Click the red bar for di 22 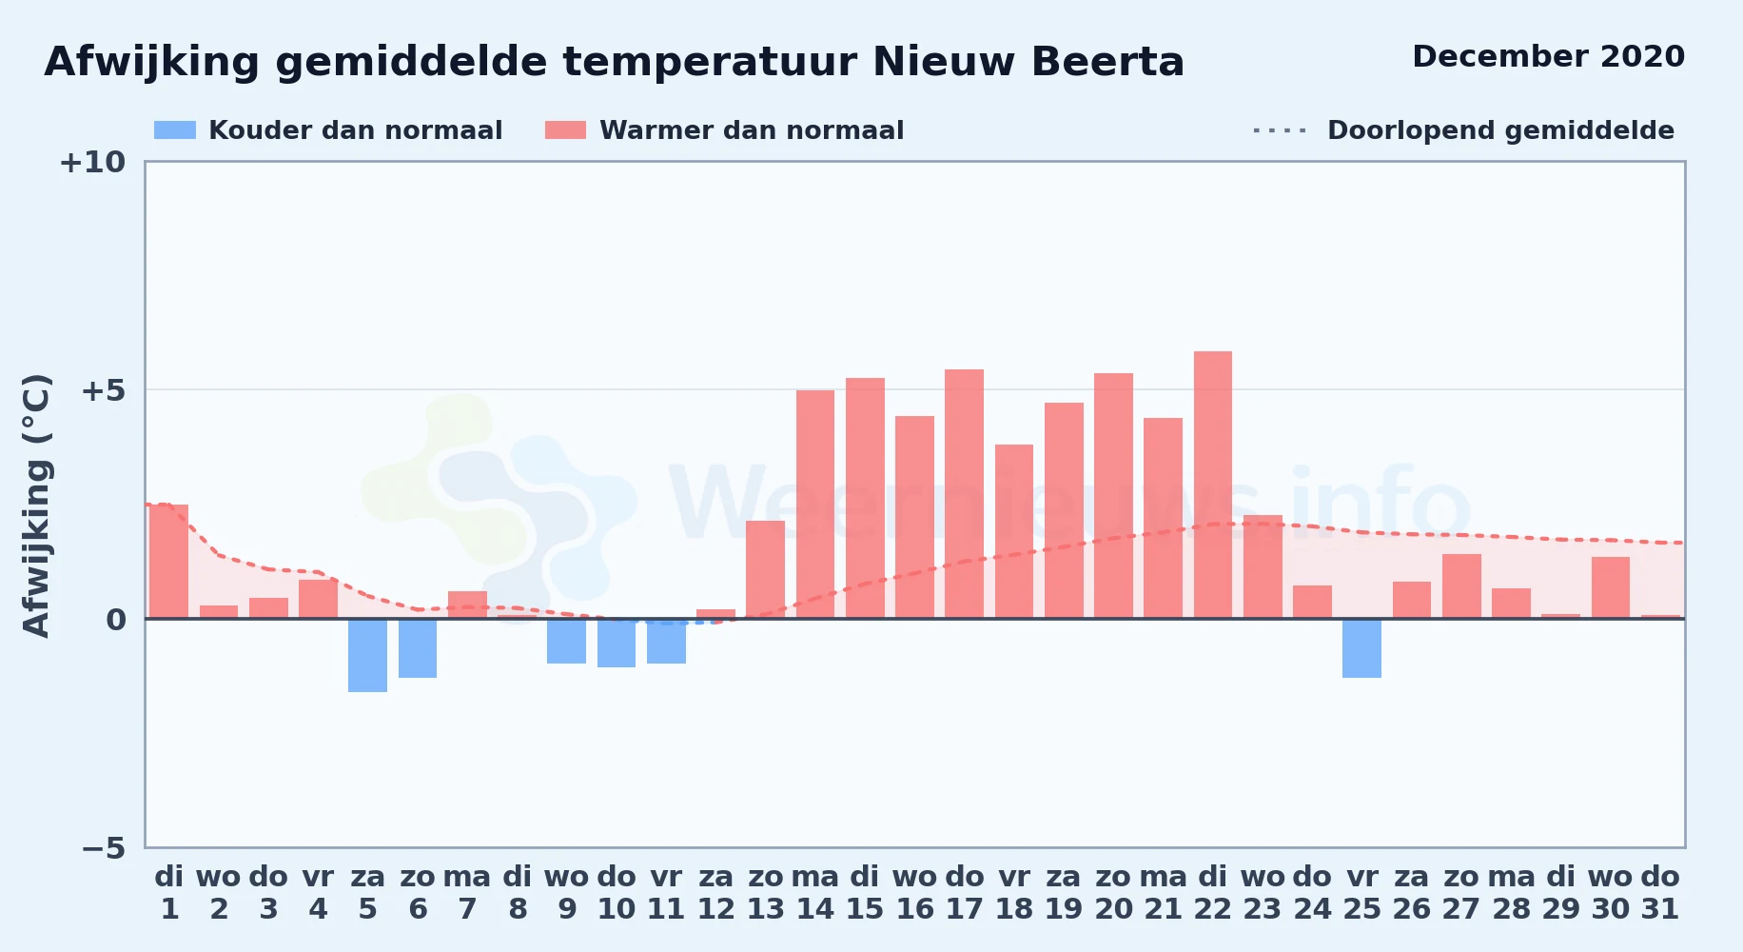pos(1212,485)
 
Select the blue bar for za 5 pos(367,655)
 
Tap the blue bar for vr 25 pos(1361,648)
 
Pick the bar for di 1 pos(168,562)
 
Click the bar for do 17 pos(964,494)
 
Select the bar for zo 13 pos(765,569)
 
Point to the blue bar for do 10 pos(617,643)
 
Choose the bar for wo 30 pos(1610,587)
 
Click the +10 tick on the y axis pos(92,163)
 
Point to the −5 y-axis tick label pos(103,847)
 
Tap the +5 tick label pos(103,390)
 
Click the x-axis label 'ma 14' pos(815,893)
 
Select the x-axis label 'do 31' pos(1660,893)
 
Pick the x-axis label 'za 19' pos(1064,893)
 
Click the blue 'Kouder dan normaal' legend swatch pos(175,130)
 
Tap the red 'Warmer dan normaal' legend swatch pos(565,130)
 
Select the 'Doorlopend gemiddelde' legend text pos(1500,130)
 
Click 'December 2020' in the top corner pos(1548,56)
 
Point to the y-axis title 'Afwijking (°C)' pos(36,506)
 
